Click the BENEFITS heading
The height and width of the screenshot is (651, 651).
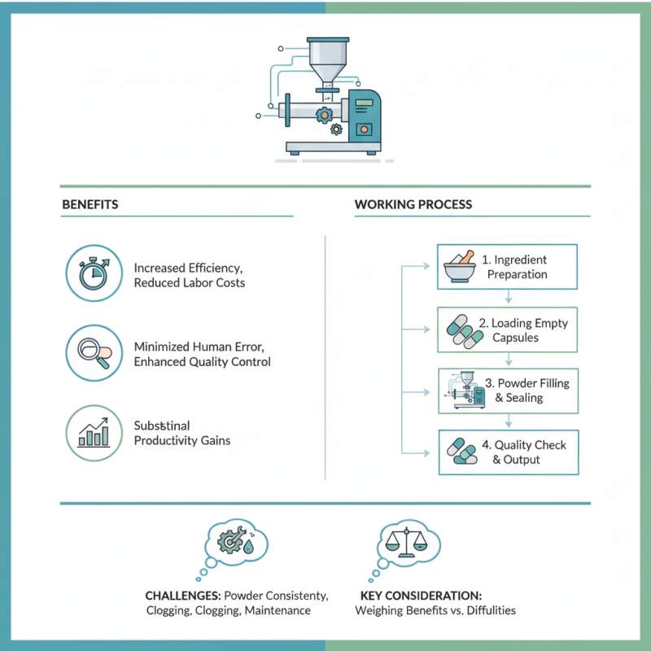[x=90, y=204]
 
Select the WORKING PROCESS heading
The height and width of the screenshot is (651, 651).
[x=413, y=204]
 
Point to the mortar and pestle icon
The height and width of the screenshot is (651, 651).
[x=459, y=267]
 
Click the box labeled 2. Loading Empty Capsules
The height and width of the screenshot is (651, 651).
[x=508, y=330]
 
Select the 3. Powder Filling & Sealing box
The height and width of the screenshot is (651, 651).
[x=508, y=391]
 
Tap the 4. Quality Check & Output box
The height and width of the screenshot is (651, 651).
[x=508, y=452]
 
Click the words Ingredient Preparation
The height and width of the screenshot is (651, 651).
[x=517, y=267]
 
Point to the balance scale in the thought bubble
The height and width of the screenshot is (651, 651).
[x=406, y=540]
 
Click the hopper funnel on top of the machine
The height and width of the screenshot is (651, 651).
[x=326, y=61]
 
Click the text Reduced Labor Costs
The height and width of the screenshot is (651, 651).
[x=189, y=282]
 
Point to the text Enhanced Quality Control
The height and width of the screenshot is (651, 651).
[x=202, y=361]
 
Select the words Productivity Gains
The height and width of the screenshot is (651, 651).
[x=182, y=440]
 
